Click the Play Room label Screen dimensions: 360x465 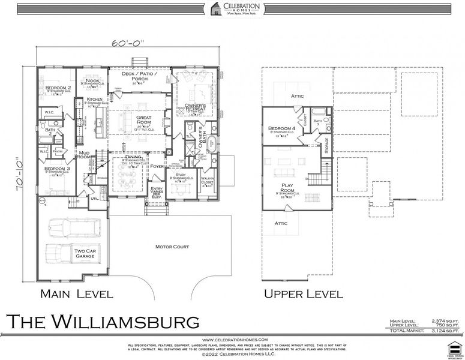pyautogui.click(x=287, y=188)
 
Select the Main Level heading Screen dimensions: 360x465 pyautogui.click(x=76, y=294)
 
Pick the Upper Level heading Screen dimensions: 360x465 pyautogui.click(x=304, y=294)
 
